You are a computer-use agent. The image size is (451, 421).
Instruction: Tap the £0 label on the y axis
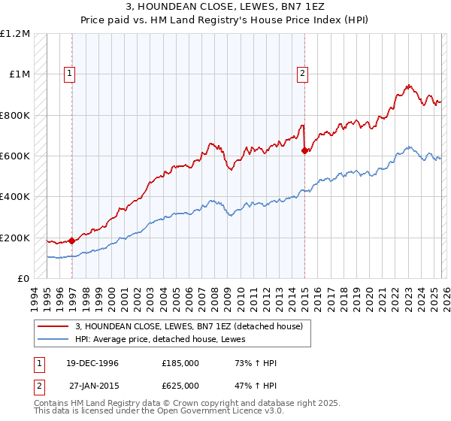click(x=24, y=279)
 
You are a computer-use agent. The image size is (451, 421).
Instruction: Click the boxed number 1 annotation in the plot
click(x=70, y=74)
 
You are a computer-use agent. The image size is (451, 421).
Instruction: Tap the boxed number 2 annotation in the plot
click(x=302, y=74)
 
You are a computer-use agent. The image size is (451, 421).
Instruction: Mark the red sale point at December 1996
click(x=72, y=241)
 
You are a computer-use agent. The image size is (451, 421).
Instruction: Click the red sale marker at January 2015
click(x=304, y=151)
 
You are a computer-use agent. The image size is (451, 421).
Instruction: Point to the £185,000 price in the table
click(x=180, y=363)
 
